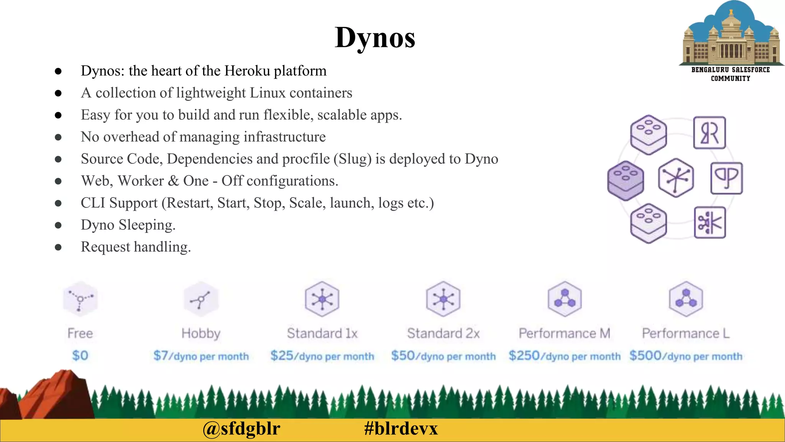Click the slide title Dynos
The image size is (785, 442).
(375, 38)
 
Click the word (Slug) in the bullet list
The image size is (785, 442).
(352, 159)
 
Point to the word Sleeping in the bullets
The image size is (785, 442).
(147, 225)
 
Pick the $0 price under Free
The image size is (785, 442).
(80, 356)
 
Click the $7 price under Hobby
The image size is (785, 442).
(161, 356)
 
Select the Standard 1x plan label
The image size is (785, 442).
(322, 333)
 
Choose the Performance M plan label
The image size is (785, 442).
(564, 333)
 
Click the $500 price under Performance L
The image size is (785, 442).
(645, 356)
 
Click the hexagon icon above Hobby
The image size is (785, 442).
(201, 299)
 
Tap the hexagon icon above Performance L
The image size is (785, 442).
(686, 299)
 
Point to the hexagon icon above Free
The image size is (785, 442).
(80, 299)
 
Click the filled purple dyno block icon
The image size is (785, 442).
(626, 180)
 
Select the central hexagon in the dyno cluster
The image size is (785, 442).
(676, 178)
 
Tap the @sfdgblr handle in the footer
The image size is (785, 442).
(241, 429)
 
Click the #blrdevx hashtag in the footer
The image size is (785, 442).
(401, 429)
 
